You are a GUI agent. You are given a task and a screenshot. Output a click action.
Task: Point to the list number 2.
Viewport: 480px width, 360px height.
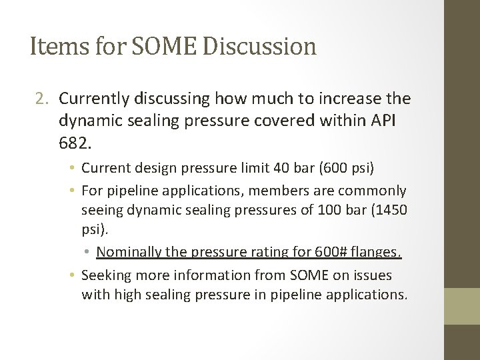(41, 99)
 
